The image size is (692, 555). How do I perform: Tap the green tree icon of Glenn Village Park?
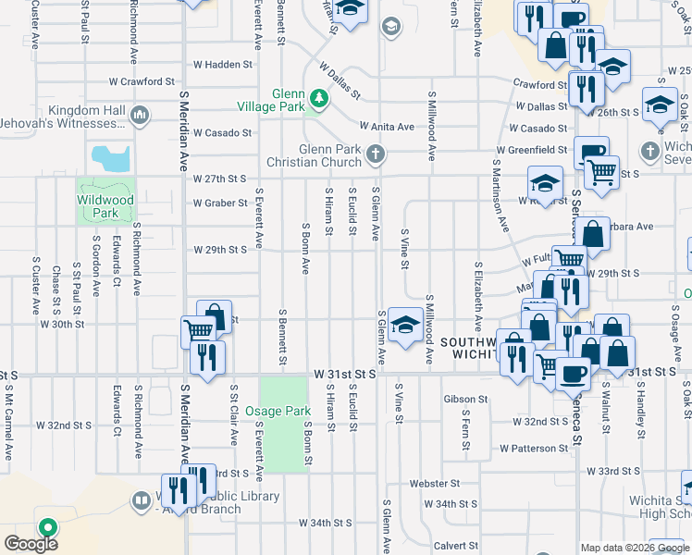pyautogui.click(x=319, y=97)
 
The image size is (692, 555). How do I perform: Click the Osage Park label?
pyautogui.click(x=284, y=411)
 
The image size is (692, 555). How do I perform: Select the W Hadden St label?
pyautogui.click(x=223, y=65)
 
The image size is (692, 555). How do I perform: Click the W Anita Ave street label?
pyautogui.click(x=387, y=126)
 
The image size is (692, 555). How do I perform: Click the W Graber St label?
pyautogui.click(x=220, y=203)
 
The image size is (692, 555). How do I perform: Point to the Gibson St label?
pyautogui.click(x=464, y=400)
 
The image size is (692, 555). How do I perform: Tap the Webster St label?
pyautogui.click(x=435, y=483)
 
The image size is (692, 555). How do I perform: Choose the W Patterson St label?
pyautogui.click(x=534, y=448)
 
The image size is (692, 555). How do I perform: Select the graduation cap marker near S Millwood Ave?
pyautogui.click(x=404, y=325)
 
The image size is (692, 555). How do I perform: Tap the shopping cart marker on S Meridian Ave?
pyautogui.click(x=199, y=330)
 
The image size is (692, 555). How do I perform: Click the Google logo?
pyautogui.click(x=31, y=544)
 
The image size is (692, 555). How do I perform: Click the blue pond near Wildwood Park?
pyautogui.click(x=110, y=159)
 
